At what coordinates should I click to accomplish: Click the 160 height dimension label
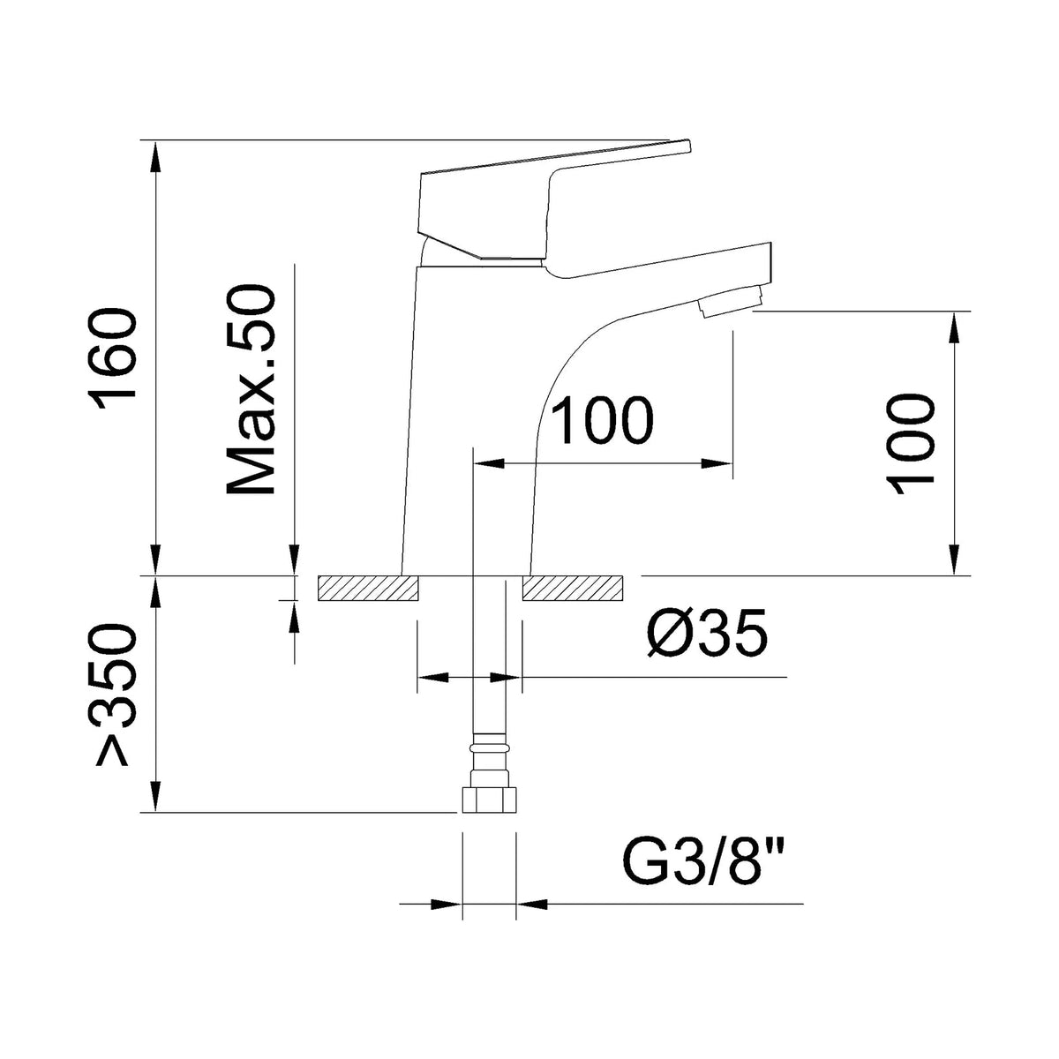114,360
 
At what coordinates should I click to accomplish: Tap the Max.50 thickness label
251,390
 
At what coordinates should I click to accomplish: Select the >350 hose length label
114,695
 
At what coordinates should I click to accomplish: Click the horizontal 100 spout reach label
602,420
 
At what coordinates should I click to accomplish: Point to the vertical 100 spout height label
910,444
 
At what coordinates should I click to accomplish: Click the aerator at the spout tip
732,301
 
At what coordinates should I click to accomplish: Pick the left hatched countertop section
368,588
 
